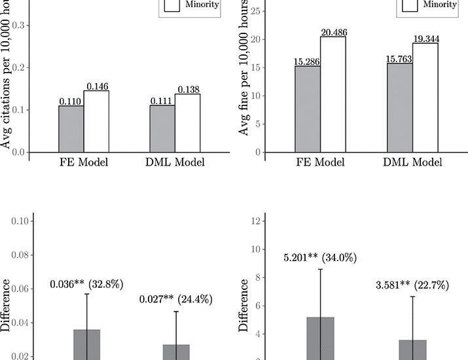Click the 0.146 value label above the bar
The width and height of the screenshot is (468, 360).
[96, 86]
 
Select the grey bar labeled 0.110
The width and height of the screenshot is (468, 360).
[71, 128]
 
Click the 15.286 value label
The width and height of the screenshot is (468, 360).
[308, 62]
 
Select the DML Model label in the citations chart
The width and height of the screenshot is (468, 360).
[175, 163]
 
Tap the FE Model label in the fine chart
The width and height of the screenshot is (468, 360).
[321, 163]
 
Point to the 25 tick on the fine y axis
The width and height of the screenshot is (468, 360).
[255, 11]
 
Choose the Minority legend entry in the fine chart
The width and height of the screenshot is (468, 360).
[439, 5]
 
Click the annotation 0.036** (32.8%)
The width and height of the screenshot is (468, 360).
[86, 284]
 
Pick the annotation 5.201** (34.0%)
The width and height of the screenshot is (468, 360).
[320, 258]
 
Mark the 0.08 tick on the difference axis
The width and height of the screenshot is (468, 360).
[21, 255]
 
